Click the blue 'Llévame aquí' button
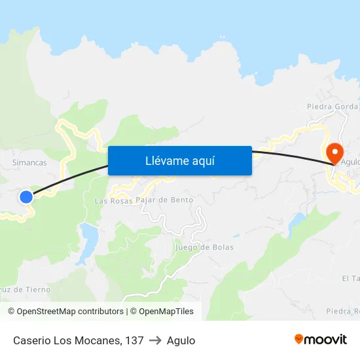179,160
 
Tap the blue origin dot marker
26,196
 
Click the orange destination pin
334,154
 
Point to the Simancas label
29,162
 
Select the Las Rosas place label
113,200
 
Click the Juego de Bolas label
204,247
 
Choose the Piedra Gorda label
333,107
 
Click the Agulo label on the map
351,162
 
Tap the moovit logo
320,339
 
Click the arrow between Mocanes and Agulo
155,340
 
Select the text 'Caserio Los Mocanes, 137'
79,340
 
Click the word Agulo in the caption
181,340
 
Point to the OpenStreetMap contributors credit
67,312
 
